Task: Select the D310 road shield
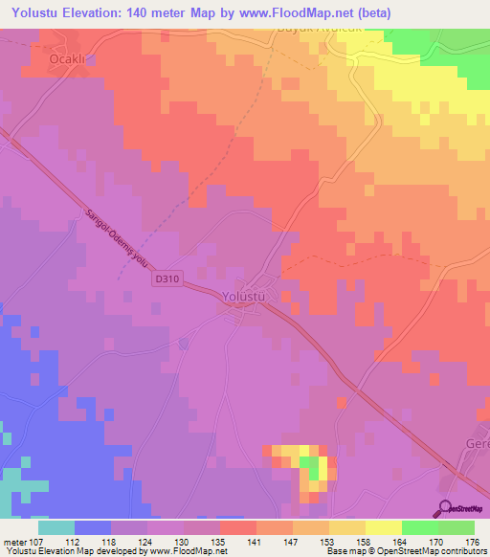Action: [166, 278]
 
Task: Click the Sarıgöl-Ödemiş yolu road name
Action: [104, 234]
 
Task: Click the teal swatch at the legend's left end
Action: [56, 527]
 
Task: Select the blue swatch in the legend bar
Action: [93, 527]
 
